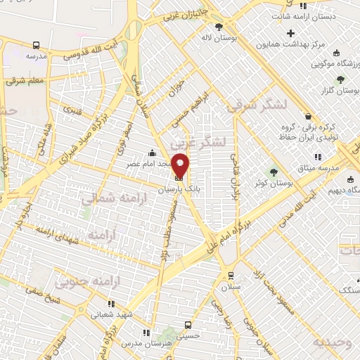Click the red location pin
tap(181, 166)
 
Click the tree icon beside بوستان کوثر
tap(274, 171)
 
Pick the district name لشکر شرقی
tap(250, 105)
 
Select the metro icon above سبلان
tap(229, 275)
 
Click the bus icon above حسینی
tap(188, 326)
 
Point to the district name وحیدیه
tap(331, 342)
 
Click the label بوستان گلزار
tap(335, 91)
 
